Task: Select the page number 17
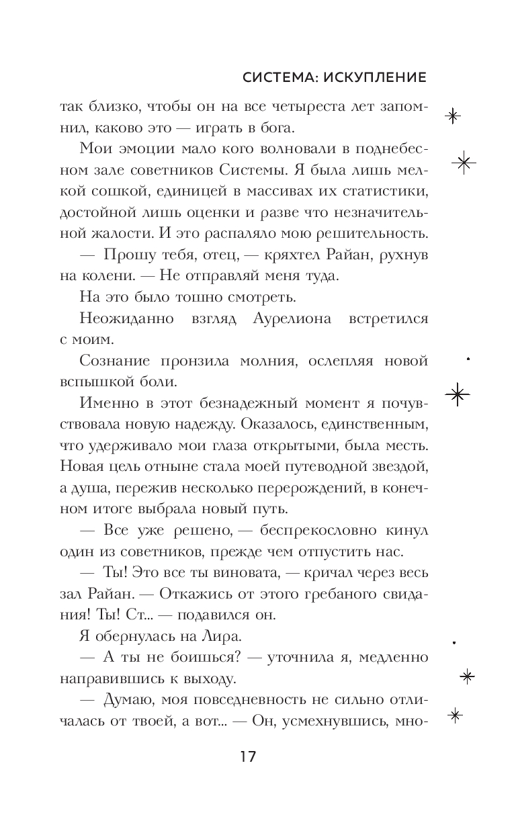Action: (247, 757)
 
